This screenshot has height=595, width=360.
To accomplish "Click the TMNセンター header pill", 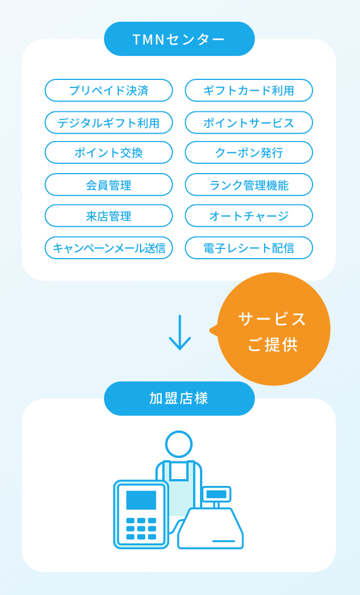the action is (179, 39).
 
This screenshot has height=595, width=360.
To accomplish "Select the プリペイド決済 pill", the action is (109, 90).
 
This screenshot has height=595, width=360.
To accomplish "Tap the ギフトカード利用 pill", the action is (249, 90).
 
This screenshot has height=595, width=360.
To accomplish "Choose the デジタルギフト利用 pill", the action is (109, 123).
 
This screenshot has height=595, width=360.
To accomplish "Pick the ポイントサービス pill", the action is (249, 123).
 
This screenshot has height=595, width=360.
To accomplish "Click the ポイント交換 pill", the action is (109, 152).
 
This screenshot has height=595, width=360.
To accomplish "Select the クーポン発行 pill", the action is (249, 152).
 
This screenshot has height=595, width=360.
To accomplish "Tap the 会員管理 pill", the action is (109, 185).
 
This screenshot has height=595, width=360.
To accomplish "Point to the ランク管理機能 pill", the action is (249, 185).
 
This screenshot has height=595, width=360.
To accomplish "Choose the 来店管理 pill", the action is (109, 216).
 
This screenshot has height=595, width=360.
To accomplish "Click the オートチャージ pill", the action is (249, 216).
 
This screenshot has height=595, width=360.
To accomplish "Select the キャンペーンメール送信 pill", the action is (109, 248).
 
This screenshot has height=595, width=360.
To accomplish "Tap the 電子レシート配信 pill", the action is (249, 248).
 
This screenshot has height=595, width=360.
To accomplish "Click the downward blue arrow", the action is (179, 332).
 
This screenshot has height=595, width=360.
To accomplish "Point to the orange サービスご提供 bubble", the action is (273, 329).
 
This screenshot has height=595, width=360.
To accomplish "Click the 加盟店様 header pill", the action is (179, 399).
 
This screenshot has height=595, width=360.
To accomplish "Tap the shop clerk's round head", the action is (179, 444).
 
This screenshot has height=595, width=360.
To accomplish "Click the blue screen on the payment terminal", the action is (141, 500).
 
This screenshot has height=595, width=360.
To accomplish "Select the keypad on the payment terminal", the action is (141, 529).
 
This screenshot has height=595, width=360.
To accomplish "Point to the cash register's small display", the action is (217, 494).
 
